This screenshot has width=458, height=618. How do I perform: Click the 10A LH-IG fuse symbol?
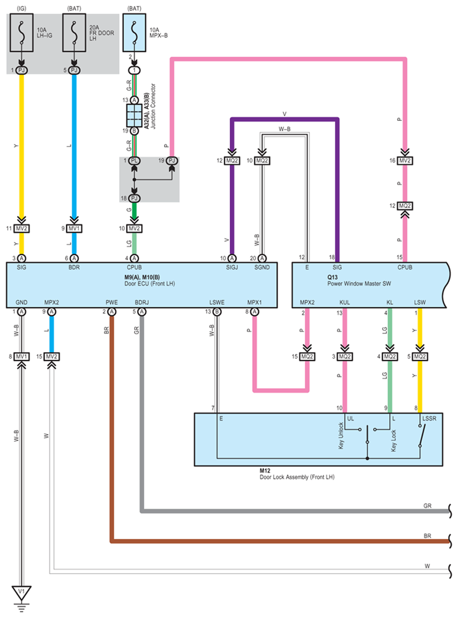tap(22, 33)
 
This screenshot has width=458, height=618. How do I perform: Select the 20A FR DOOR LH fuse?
tap(75, 33)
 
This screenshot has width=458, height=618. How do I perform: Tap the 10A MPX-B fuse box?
tap(134, 33)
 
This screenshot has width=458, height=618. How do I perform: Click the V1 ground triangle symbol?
tap(21, 592)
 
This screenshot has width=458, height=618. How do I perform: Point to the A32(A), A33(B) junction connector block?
tap(134, 115)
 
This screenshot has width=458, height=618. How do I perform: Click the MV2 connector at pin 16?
tap(405, 161)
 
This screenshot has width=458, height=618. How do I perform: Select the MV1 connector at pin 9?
tap(74, 228)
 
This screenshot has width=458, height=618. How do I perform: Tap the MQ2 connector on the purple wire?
tap(232, 161)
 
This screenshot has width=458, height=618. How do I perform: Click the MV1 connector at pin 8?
tap(21, 356)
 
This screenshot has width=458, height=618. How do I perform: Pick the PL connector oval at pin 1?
tap(134, 161)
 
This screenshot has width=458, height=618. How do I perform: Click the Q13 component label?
tap(332, 277)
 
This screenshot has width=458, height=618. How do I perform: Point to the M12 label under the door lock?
tap(265, 471)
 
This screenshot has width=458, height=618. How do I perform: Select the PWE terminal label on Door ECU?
tap(111, 303)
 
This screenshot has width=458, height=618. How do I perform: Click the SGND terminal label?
tap(262, 267)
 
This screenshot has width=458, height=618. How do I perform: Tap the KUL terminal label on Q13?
tap(345, 303)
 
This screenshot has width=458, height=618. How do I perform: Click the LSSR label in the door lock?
tap(429, 419)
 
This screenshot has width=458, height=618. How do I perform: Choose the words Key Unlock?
tap(341, 436)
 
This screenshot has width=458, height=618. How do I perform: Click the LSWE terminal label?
tap(217, 303)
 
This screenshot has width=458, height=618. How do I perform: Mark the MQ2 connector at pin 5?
tap(420, 356)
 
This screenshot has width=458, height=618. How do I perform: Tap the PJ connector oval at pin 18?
tap(134, 198)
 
